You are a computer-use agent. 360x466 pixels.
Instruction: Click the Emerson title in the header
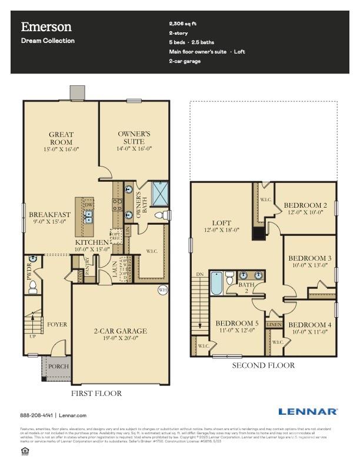pos(46,26)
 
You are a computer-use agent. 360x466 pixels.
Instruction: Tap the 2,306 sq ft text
pos(184,23)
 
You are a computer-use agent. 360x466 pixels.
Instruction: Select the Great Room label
pos(61,138)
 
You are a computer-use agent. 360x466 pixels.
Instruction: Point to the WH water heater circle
pos(163,289)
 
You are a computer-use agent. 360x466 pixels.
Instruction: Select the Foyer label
pos(57,324)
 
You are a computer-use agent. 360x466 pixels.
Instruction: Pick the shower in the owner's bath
pos(160,192)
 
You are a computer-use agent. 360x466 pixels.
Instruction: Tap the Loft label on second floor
pos(222,223)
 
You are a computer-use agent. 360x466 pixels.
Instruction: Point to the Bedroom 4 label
pos(309,325)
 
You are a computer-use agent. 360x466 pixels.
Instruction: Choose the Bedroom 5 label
pos(236,324)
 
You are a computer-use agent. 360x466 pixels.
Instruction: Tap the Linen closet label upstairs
pos(274,324)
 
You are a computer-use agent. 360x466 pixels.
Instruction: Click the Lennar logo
pos(308,412)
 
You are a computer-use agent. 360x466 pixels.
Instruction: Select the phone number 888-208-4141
pos(36,415)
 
